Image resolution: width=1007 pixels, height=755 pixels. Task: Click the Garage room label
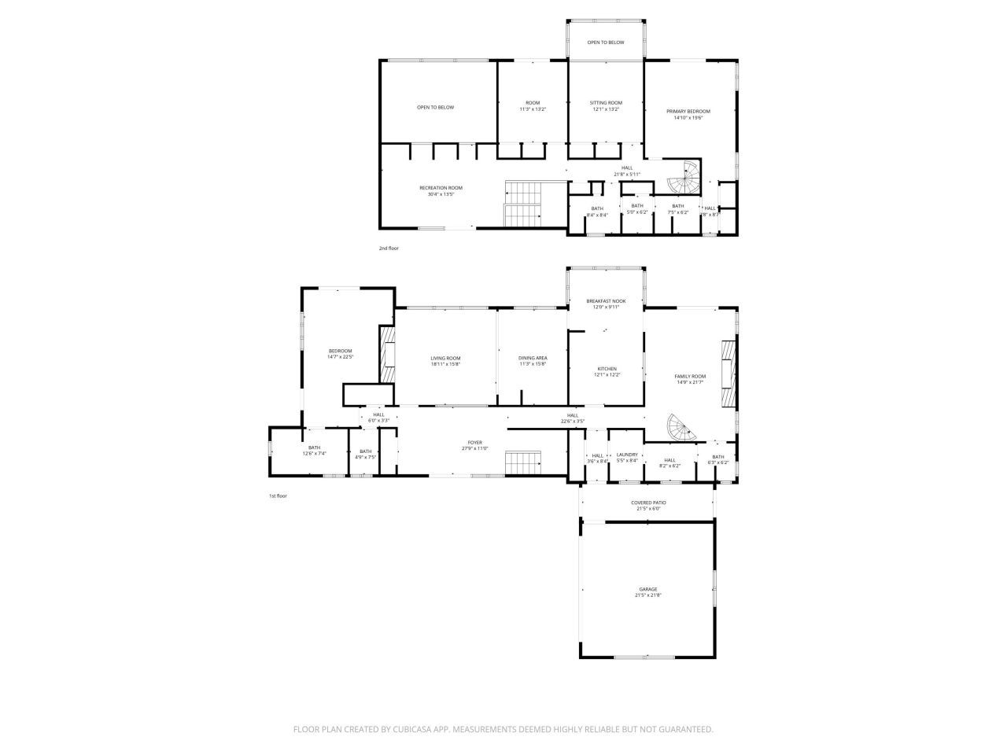[647, 589]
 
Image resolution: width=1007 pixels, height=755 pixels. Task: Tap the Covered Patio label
[647, 503]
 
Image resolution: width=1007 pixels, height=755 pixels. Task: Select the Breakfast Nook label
[606, 301]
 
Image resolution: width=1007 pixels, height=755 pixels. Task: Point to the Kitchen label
[606, 370]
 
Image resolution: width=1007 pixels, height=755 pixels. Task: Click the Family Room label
[690, 377]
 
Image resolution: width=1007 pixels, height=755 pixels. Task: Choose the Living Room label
[445, 359]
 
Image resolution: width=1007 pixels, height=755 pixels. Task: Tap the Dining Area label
[532, 359]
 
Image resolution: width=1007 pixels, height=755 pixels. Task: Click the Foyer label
[474, 443]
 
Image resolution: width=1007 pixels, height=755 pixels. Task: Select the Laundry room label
[627, 455]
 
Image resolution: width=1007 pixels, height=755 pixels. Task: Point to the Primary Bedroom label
[688, 112]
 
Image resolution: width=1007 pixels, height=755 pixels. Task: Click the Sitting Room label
[606, 103]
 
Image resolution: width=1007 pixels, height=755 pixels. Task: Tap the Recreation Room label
[441, 188]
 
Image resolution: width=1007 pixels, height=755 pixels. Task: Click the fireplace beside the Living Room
[386, 355]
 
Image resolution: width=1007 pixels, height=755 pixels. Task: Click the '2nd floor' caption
[389, 249]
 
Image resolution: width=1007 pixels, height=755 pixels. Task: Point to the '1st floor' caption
[278, 496]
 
